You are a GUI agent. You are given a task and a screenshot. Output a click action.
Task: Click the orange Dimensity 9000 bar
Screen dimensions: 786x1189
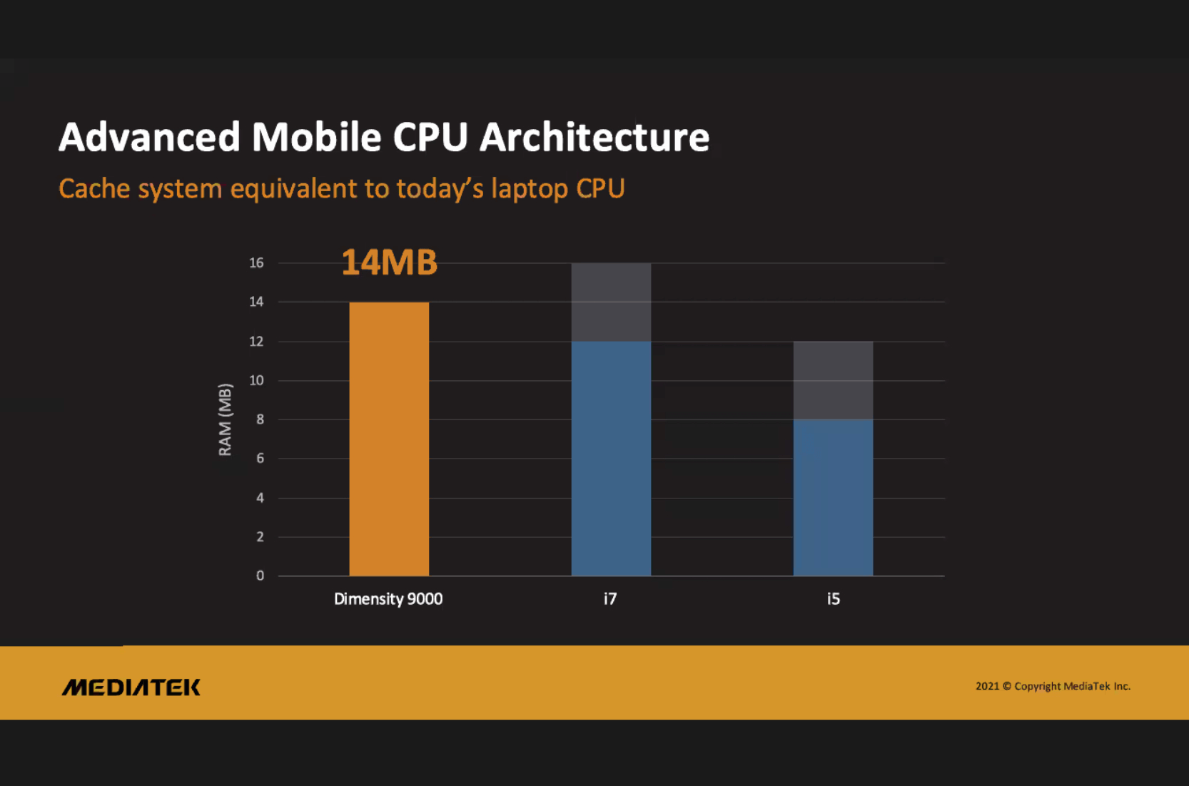389,439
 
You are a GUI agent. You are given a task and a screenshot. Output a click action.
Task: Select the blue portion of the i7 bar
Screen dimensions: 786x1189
611,458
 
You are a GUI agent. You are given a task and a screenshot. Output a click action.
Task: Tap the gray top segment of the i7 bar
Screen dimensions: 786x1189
611,302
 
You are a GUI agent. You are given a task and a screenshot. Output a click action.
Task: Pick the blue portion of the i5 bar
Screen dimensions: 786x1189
833,497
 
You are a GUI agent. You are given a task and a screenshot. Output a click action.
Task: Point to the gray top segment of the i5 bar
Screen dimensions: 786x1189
833,380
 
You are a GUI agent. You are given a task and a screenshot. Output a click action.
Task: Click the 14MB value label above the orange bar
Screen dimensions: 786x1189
389,262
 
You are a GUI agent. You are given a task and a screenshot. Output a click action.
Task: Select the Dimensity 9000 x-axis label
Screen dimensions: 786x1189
388,599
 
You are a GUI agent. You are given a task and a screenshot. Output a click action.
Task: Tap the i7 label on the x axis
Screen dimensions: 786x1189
610,599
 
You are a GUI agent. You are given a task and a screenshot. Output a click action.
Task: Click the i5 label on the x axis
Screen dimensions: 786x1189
833,599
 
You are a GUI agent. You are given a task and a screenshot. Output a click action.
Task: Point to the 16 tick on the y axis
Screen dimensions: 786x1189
256,263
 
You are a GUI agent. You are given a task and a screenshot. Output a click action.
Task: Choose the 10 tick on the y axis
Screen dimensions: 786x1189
256,380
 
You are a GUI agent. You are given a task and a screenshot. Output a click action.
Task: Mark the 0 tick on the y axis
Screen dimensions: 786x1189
260,576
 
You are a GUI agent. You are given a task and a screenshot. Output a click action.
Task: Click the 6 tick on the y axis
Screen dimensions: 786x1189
260,459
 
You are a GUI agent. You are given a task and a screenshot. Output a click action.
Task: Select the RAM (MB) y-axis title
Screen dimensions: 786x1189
226,419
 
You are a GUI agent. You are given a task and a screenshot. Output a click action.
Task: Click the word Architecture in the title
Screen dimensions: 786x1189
594,137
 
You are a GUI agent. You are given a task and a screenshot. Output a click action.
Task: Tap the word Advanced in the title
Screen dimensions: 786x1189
149,137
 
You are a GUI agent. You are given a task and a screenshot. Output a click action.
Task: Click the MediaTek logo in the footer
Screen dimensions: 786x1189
131,687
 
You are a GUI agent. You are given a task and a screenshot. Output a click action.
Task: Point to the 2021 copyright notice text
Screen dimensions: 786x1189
1053,686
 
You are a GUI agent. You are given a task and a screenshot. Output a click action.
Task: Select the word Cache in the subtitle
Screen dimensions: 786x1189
94,189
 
